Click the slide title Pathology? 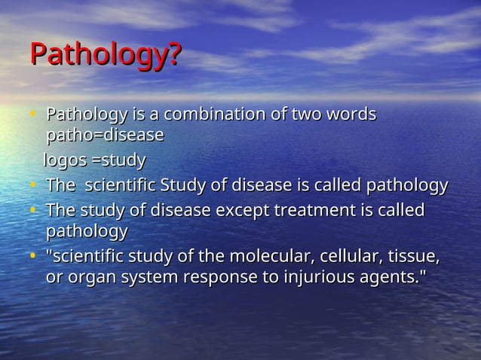pyautogui.click(x=105, y=56)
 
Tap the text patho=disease pyautogui.click(x=105, y=136)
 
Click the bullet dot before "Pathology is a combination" pyautogui.click(x=34, y=115)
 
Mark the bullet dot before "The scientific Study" pyautogui.click(x=34, y=185)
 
